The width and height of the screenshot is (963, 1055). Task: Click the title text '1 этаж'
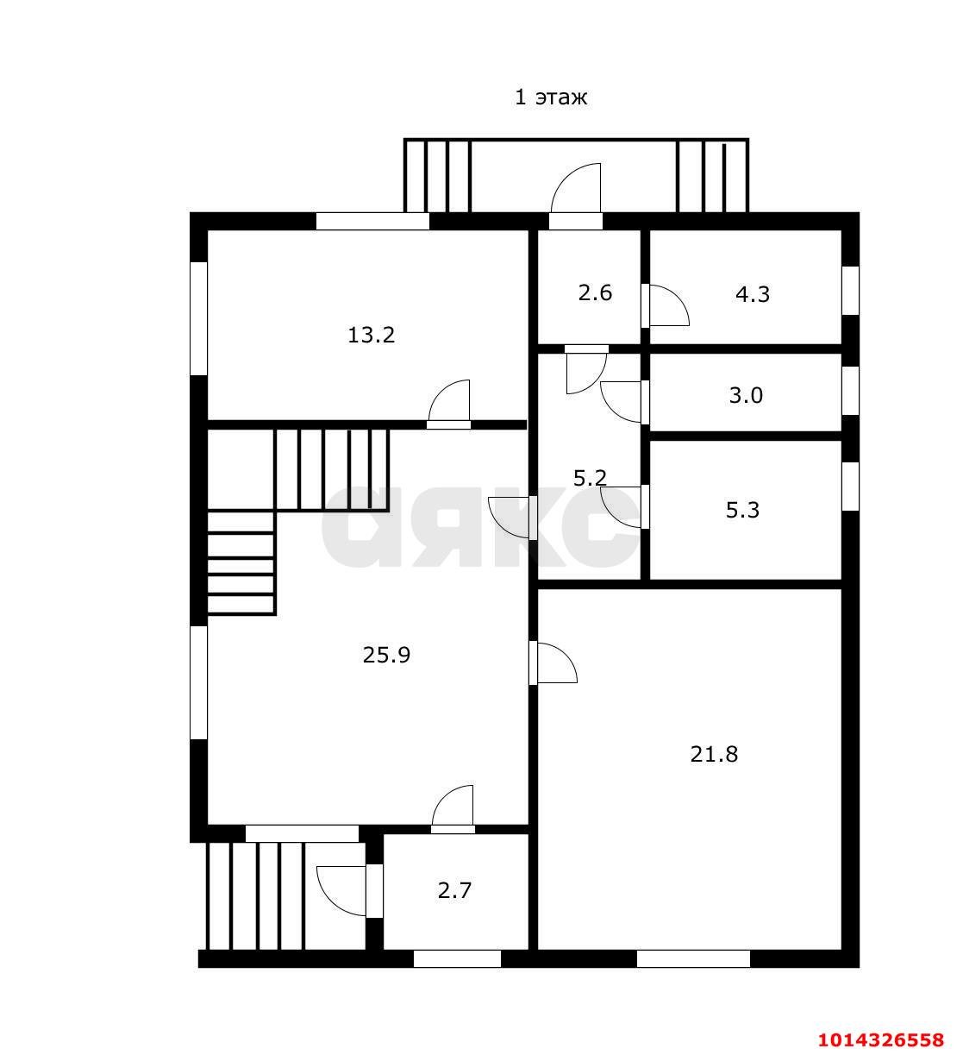coord(550,97)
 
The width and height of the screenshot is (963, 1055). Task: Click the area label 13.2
coord(371,335)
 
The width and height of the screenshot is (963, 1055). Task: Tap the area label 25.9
coord(386,655)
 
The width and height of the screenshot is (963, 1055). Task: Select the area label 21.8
coord(714,755)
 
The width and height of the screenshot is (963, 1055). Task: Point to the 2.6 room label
coord(595,292)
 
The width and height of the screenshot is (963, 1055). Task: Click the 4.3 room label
coord(752,294)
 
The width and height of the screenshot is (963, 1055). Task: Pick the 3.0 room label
coord(746,396)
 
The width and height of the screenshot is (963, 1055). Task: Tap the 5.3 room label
coord(742,510)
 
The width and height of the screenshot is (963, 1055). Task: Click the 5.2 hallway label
coord(590,478)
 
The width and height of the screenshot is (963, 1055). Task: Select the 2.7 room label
coord(454,890)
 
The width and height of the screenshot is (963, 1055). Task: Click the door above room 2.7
coord(453,808)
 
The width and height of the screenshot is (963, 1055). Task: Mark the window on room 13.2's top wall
coord(372,221)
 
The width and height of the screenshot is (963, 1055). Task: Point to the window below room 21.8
coord(693,958)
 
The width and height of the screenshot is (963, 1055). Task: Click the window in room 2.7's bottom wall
coord(457,958)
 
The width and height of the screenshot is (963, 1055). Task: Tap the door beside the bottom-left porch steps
coord(345,890)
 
